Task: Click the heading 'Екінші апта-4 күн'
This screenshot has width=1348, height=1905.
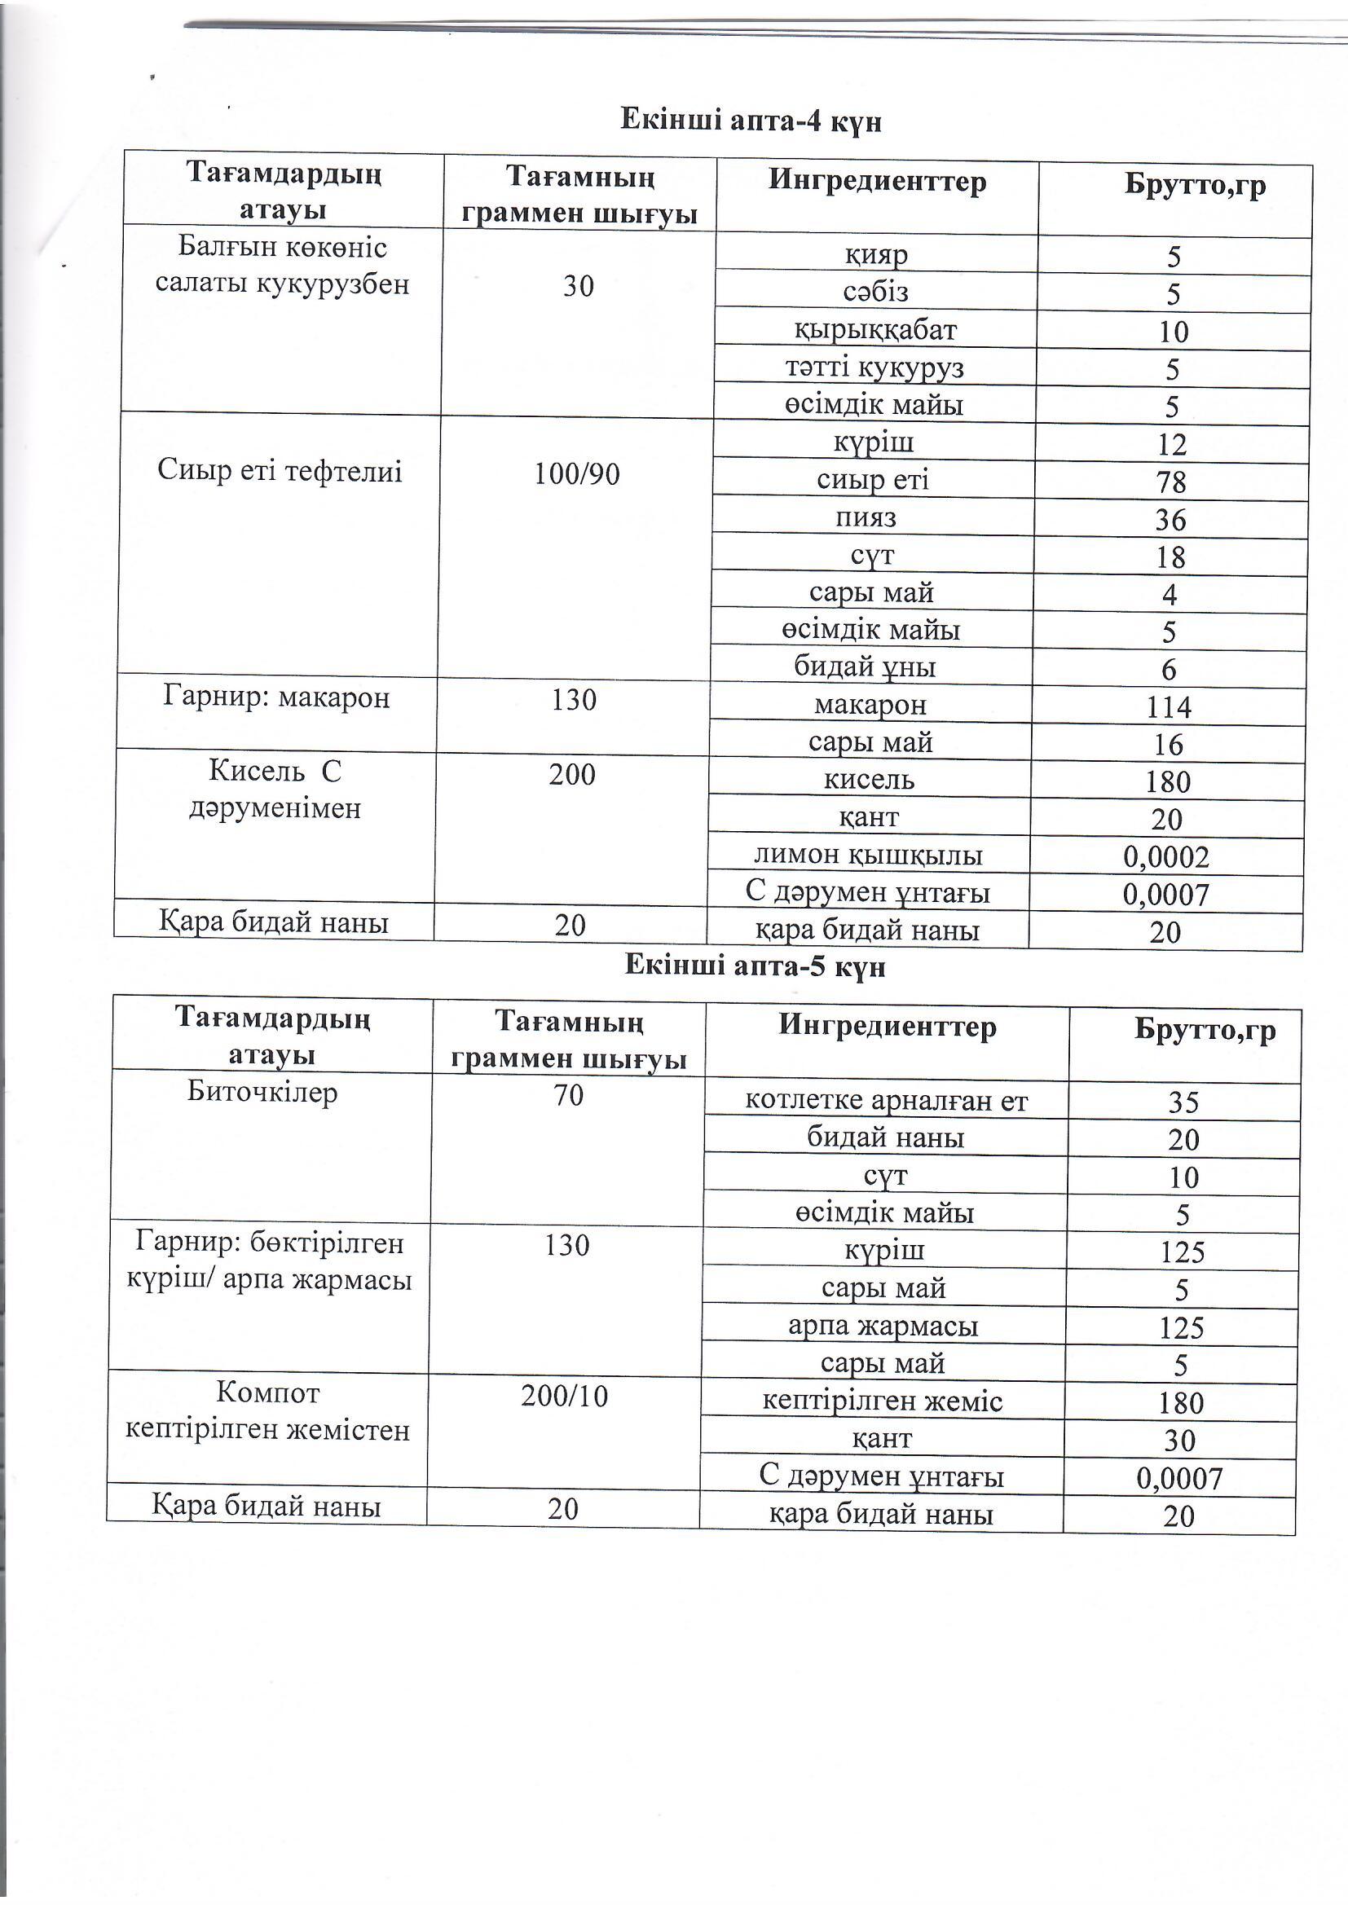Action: pyautogui.click(x=751, y=121)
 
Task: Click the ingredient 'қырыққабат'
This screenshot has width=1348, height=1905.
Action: pyautogui.click(x=875, y=330)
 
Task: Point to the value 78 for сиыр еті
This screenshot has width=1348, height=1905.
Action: pyautogui.click(x=1170, y=482)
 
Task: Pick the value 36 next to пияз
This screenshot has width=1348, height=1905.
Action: pyautogui.click(x=1170, y=520)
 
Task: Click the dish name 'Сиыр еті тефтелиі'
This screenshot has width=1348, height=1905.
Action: pyautogui.click(x=280, y=472)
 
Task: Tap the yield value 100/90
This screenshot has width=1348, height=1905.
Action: pyautogui.click(x=577, y=474)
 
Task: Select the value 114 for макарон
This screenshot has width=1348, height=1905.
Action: pyautogui.click(x=1169, y=708)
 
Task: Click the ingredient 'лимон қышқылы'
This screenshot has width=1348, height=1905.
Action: pyautogui.click(x=868, y=856)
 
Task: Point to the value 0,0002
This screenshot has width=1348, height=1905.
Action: pyautogui.click(x=1165, y=857)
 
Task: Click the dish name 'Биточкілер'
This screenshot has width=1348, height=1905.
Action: pyautogui.click(x=262, y=1093)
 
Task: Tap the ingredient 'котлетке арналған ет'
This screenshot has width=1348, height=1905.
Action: pyautogui.click(x=887, y=1101)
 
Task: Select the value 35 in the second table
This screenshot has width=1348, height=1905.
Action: pyautogui.click(x=1183, y=1102)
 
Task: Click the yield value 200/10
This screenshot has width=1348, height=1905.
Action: pyautogui.click(x=565, y=1397)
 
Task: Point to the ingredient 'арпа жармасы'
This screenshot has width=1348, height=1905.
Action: pyautogui.click(x=883, y=1326)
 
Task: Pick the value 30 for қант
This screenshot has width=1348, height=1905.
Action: pyautogui.click(x=1179, y=1441)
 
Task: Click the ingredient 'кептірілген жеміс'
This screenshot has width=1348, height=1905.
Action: pyautogui.click(x=883, y=1401)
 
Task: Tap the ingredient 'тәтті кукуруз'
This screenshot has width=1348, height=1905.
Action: pyautogui.click(x=874, y=367)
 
